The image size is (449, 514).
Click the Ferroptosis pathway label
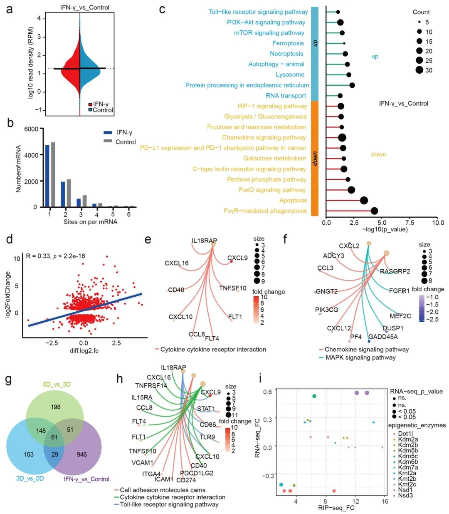(x=288, y=43)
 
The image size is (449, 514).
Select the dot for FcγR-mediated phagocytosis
(x=374, y=211)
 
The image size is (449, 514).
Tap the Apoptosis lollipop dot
(x=364, y=201)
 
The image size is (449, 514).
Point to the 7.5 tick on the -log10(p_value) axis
(x=410, y=223)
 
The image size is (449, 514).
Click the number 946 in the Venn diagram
(x=81, y=454)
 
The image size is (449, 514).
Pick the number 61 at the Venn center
(x=54, y=437)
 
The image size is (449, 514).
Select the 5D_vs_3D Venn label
(x=57, y=384)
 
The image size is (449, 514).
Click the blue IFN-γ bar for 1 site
(x=47, y=176)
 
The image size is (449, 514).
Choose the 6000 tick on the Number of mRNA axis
(x=31, y=129)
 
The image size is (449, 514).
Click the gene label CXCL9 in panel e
(x=237, y=258)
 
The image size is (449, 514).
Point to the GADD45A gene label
(x=383, y=337)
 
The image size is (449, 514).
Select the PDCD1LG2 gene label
(x=197, y=473)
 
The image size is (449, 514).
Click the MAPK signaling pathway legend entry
(x=360, y=358)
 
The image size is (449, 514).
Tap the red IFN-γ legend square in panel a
(x=90, y=104)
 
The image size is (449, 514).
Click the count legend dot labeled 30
(x=419, y=70)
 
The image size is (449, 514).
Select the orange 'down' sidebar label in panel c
(x=315, y=158)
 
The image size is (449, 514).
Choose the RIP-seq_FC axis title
(x=336, y=508)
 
